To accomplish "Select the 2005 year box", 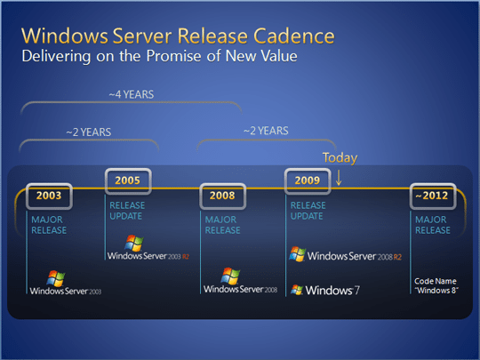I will (x=128, y=181).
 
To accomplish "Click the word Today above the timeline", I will (x=340, y=158).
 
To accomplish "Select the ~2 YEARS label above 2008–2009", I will (x=266, y=131).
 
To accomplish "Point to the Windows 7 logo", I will (x=324, y=290).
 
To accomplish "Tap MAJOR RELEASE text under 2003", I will (x=47, y=224).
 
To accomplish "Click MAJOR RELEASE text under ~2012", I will (x=432, y=224).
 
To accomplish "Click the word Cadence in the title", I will (x=291, y=36).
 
